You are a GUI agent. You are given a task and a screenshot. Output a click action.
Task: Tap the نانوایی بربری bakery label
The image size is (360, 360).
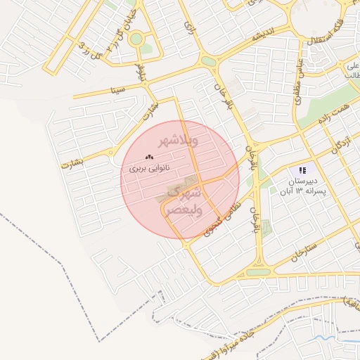tap(149, 169)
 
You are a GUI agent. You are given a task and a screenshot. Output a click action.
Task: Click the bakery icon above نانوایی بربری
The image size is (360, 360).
tap(148, 157)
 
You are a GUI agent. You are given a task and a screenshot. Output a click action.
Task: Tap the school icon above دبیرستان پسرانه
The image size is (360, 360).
tap(302, 170)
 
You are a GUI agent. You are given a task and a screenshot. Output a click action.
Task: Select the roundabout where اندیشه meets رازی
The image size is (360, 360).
tap(209, 61)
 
